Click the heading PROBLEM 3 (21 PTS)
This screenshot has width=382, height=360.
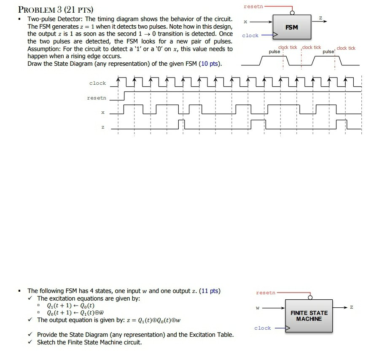pyautogui.click(x=55, y=9)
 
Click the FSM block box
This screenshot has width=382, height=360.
pyautogui.click(x=291, y=27)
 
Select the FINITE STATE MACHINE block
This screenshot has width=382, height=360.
pyautogui.click(x=309, y=316)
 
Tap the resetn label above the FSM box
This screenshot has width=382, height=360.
pyautogui.click(x=253, y=7)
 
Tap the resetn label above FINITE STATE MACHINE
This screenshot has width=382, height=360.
pyautogui.click(x=266, y=292)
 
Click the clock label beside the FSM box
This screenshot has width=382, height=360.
pyautogui.click(x=250, y=35)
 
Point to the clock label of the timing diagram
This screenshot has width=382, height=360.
pyautogui.click(x=97, y=83)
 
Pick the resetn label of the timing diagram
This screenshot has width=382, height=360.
pyautogui.click(x=97, y=98)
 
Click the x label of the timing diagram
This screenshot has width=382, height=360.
pyautogui.click(x=102, y=113)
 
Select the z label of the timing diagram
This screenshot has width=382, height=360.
pyautogui.click(x=102, y=127)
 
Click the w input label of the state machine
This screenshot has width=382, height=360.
pyautogui.click(x=258, y=307)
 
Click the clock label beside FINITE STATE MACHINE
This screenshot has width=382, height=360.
pyautogui.click(x=262, y=328)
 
